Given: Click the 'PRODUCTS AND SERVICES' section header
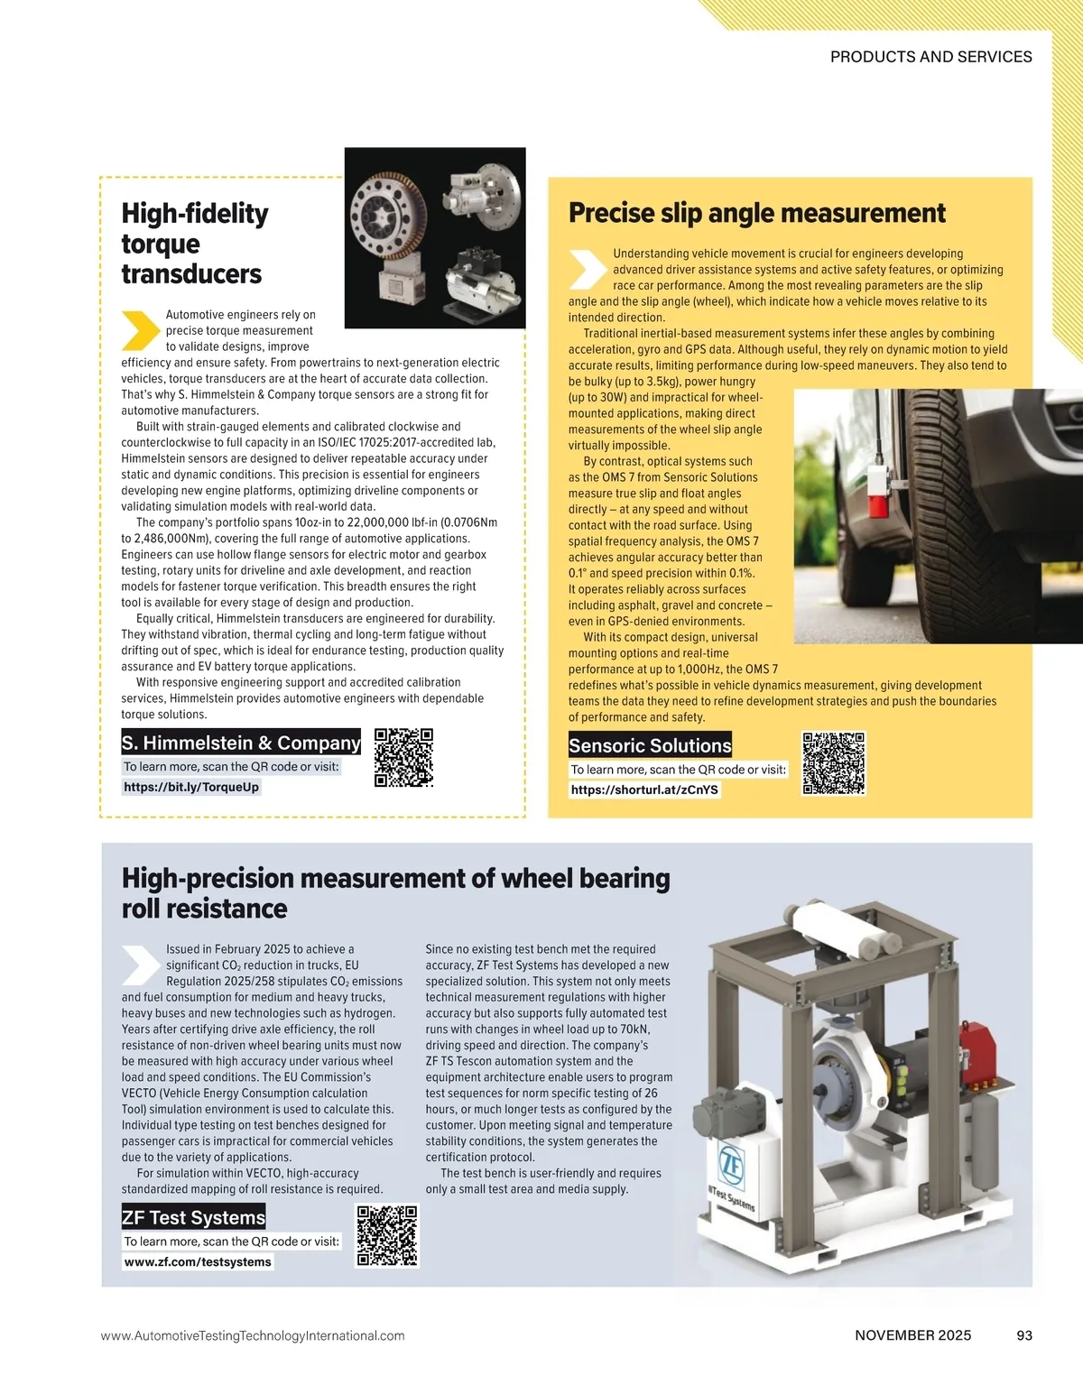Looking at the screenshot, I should pos(930,57).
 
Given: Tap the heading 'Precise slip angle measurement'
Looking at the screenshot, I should pos(756,213).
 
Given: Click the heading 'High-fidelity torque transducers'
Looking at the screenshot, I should pos(195,244).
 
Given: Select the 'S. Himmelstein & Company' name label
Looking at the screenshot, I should pos(241,743).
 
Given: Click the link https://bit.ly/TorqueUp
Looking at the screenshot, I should pos(191,787).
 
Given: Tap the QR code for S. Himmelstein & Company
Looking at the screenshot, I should pos(403,758).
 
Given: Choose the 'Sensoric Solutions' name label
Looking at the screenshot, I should pos(650,745).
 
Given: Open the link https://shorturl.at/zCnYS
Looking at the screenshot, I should pos(644,789).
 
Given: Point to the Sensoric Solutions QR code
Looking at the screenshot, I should pos(834,763).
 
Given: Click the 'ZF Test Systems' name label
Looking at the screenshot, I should pos(193,1217).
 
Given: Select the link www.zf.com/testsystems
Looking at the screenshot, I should pos(198,1261).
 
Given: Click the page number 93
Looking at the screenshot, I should pos(1023,1335).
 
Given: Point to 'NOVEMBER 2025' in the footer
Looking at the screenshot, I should pos(912,1335).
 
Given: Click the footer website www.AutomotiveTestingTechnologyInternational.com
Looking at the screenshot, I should pos(253,1335).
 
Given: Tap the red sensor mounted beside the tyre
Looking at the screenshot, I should pos(877,493).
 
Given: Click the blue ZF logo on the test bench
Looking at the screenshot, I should pos(730,1164).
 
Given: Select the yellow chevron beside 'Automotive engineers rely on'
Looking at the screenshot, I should pos(140,330).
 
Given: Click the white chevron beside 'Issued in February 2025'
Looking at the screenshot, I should pos(140,965).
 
